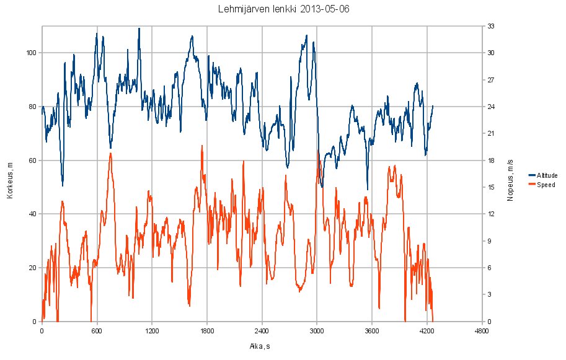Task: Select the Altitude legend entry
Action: (x=546, y=175)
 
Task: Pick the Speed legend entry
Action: (x=545, y=185)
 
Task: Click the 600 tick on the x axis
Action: (x=97, y=331)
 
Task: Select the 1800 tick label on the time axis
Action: (x=207, y=331)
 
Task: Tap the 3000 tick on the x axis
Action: (x=317, y=331)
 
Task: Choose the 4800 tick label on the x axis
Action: (x=482, y=331)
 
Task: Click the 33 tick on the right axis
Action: (x=490, y=27)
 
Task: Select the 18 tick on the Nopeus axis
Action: (x=490, y=160)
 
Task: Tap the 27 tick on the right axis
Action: (x=490, y=80)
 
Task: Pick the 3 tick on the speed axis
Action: (x=489, y=295)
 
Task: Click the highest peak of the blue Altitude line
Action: (x=139, y=29)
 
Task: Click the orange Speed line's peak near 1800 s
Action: (x=202, y=146)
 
